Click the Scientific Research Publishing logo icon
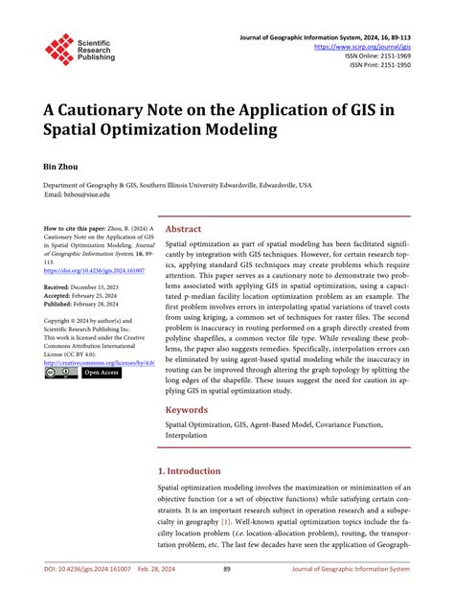point(59,48)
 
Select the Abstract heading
point(183,230)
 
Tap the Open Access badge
point(100,374)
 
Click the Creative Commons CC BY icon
point(55,374)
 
